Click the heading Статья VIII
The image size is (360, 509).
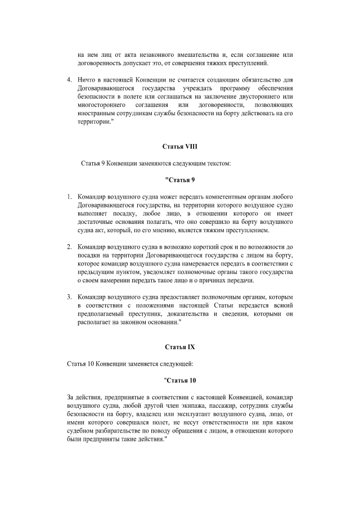tap(180, 147)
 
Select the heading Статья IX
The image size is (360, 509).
tap(180, 347)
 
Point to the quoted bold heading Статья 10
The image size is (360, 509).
tap(180, 381)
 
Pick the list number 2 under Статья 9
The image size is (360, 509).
tap(69, 246)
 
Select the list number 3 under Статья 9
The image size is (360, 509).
tap(69, 296)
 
